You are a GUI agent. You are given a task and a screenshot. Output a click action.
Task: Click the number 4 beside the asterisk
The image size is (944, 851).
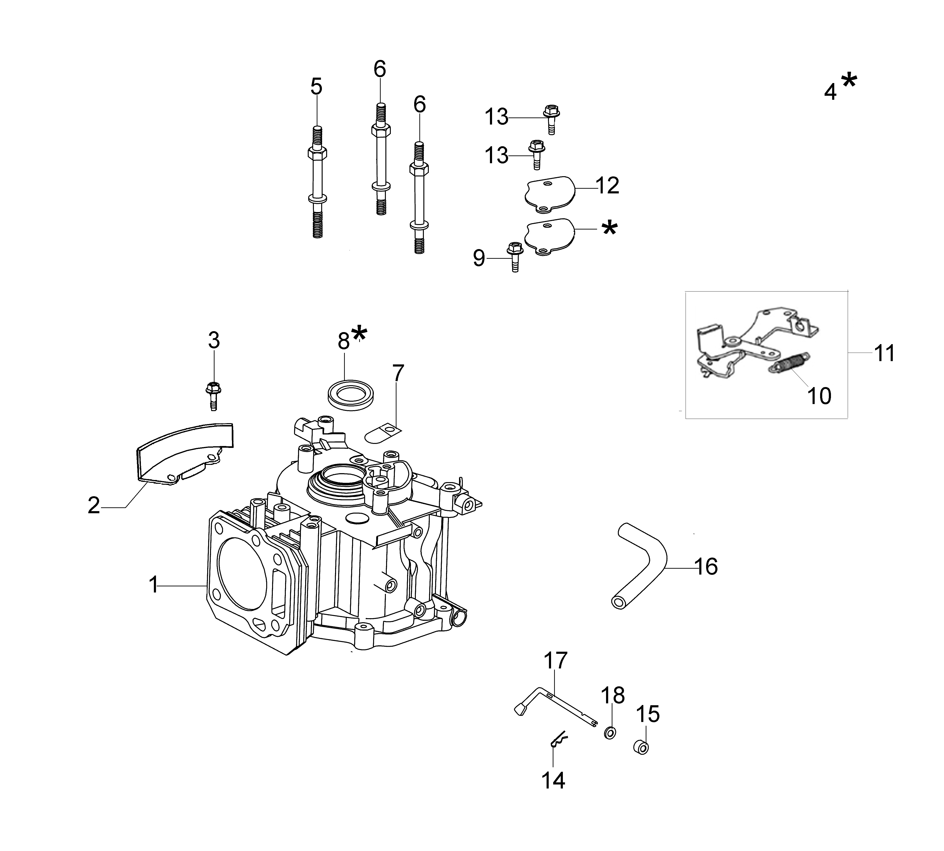pyautogui.click(x=830, y=92)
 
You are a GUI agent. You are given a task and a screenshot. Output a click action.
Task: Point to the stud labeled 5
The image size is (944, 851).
pyautogui.click(x=317, y=182)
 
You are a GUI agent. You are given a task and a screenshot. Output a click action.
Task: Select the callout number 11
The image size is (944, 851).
pyautogui.click(x=884, y=354)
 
